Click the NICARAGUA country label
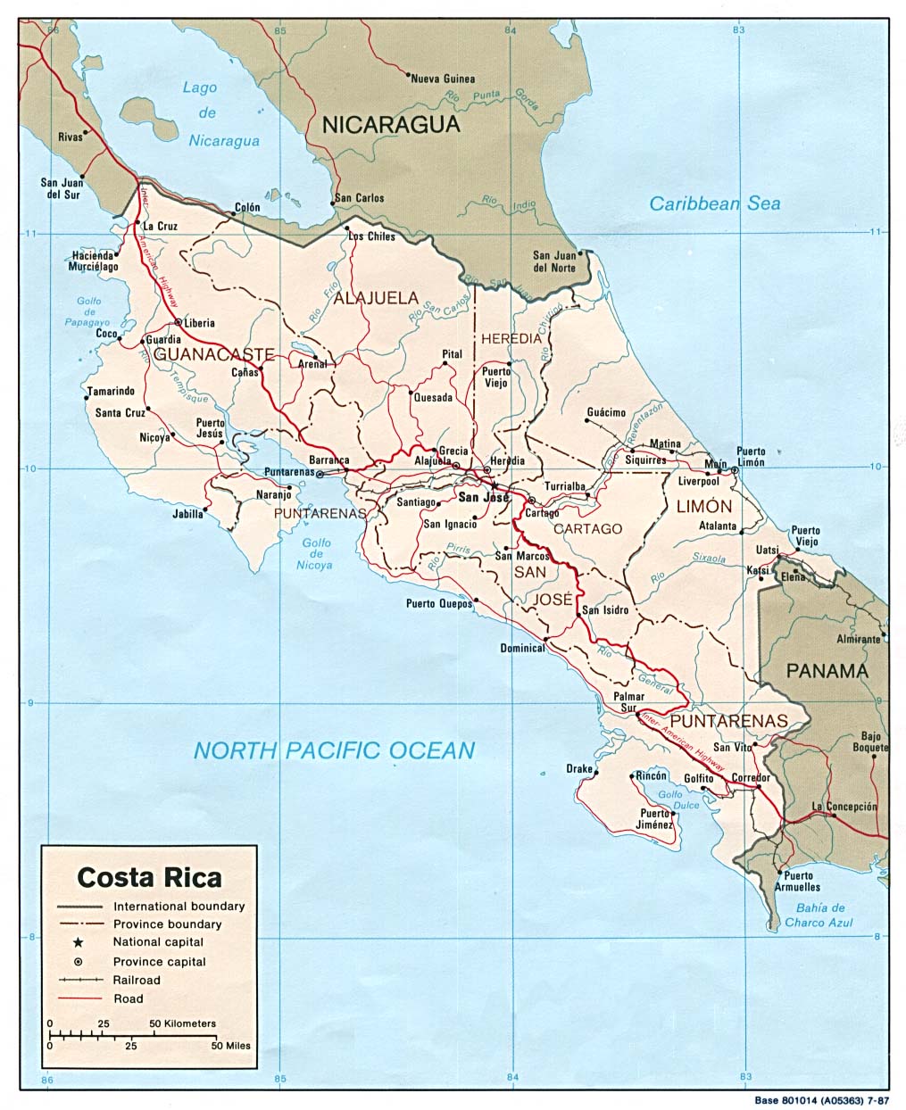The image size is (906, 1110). (x=391, y=125)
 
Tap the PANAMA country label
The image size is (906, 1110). (x=827, y=671)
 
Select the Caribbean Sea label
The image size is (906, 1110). (x=714, y=203)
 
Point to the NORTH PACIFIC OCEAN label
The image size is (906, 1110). (x=334, y=750)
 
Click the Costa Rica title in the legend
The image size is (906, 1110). (x=149, y=877)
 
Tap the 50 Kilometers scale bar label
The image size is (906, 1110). (x=182, y=1023)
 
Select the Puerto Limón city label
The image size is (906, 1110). (x=750, y=457)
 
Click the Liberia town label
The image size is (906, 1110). (x=200, y=323)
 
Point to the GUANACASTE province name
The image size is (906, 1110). (x=213, y=354)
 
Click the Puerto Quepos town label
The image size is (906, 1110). (x=438, y=603)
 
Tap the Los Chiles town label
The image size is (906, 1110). (x=371, y=236)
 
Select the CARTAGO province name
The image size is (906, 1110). (x=587, y=528)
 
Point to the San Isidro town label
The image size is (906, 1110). (x=605, y=610)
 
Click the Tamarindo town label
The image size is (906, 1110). (x=111, y=391)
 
